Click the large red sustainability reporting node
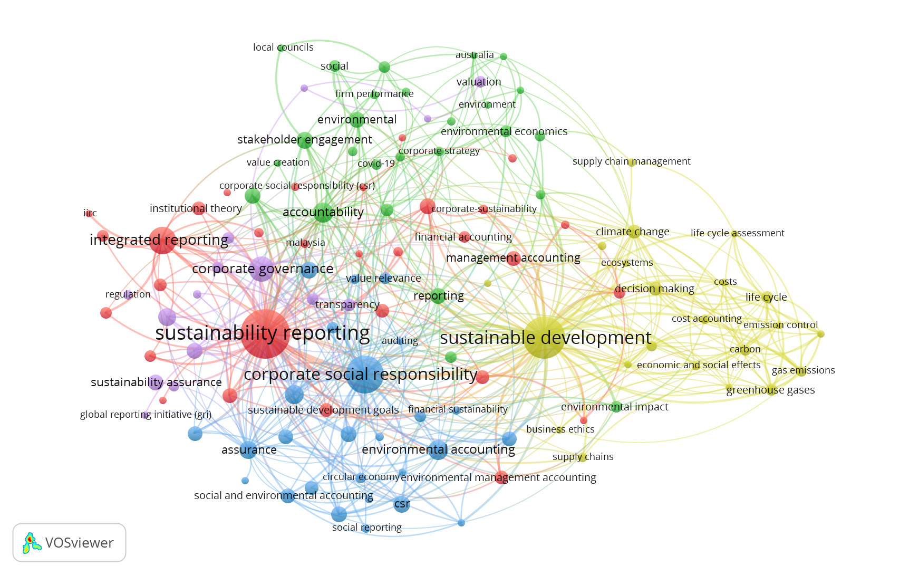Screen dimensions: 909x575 pos(265,334)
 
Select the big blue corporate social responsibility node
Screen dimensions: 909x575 pos(364,374)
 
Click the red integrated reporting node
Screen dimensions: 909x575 pos(162,241)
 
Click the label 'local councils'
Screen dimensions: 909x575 pos(283,47)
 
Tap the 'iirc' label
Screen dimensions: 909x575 pos(90,213)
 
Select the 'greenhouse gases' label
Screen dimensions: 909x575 pos(770,390)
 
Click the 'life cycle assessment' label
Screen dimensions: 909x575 pos(737,233)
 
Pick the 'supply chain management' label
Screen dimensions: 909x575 pos(631,161)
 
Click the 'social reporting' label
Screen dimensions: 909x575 pos(366,528)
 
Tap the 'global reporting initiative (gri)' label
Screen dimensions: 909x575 pos(146,415)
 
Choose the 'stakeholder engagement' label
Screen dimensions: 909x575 pos(304,140)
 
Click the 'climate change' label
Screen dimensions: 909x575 pos(632,232)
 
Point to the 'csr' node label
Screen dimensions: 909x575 pos(402,504)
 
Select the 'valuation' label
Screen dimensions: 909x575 pos(479,82)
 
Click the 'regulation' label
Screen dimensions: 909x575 pos(128,294)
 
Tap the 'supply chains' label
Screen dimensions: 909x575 pos(583,457)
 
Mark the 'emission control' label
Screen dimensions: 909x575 pos(780,325)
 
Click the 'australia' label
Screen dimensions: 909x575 pos(475,55)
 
